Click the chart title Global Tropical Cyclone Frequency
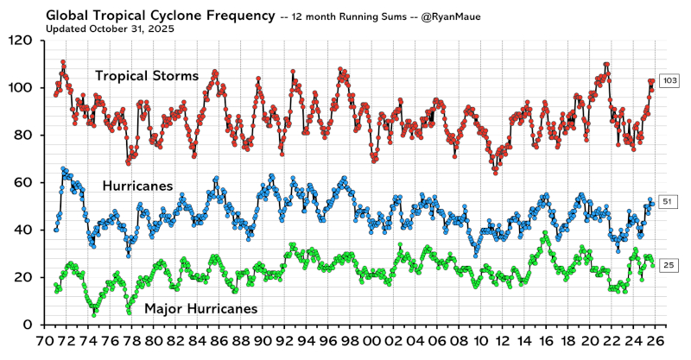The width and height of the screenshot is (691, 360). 155,14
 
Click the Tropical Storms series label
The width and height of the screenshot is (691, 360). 147,76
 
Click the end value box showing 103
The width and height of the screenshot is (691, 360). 669,81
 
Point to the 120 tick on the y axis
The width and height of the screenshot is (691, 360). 22,41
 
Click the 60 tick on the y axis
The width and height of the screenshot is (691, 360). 25,183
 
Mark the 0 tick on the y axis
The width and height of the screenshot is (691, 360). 29,325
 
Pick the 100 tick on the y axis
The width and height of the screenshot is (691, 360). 22,88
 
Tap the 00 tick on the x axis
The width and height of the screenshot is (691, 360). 372,341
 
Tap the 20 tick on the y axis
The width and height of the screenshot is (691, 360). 25,277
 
